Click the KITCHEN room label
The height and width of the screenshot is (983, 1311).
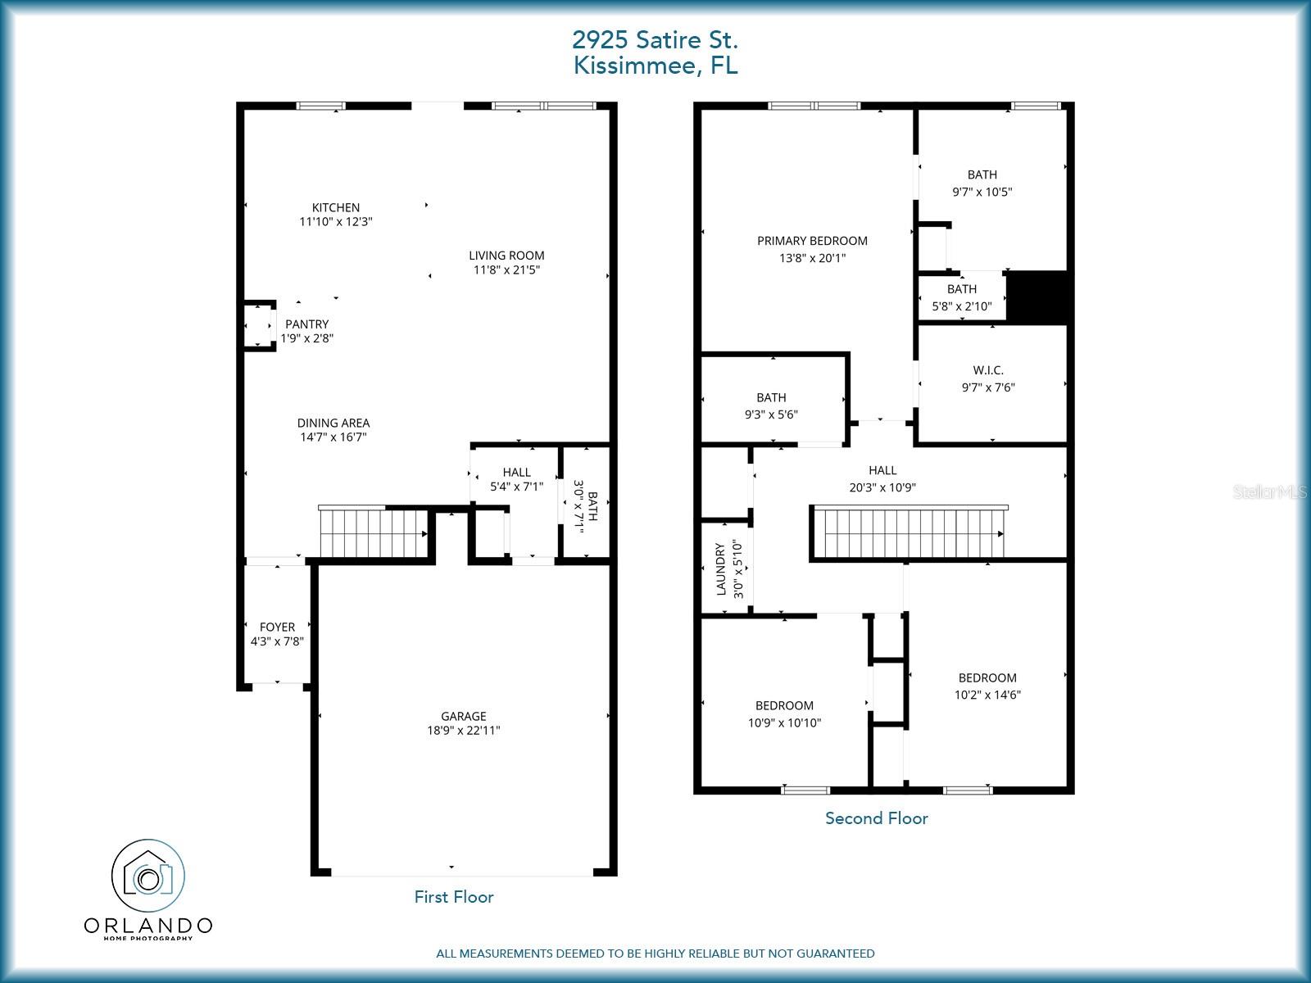point(335,207)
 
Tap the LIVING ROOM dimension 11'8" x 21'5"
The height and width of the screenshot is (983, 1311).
point(506,270)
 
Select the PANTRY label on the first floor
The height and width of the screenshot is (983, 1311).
point(306,324)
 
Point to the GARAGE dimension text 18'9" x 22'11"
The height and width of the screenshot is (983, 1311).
point(463,731)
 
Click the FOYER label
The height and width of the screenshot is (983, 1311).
point(277,627)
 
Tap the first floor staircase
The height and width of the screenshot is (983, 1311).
point(373,532)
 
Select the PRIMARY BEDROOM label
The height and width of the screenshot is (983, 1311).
point(812,241)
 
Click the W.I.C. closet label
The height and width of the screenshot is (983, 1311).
point(988,370)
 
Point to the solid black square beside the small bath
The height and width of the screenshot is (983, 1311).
point(1037,297)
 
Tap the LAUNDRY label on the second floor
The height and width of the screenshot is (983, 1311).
point(722,569)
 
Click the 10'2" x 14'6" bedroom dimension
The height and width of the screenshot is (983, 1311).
point(987,695)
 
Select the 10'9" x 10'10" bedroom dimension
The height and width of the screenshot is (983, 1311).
point(784,723)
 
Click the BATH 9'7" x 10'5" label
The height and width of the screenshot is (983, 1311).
point(982,174)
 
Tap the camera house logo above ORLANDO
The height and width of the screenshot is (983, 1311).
point(148,877)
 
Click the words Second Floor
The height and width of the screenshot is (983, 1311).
point(876,818)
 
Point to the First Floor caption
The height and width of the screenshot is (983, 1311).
point(454,897)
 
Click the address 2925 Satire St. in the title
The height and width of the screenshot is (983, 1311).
point(655,39)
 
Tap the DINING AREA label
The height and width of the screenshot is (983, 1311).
point(333,423)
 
